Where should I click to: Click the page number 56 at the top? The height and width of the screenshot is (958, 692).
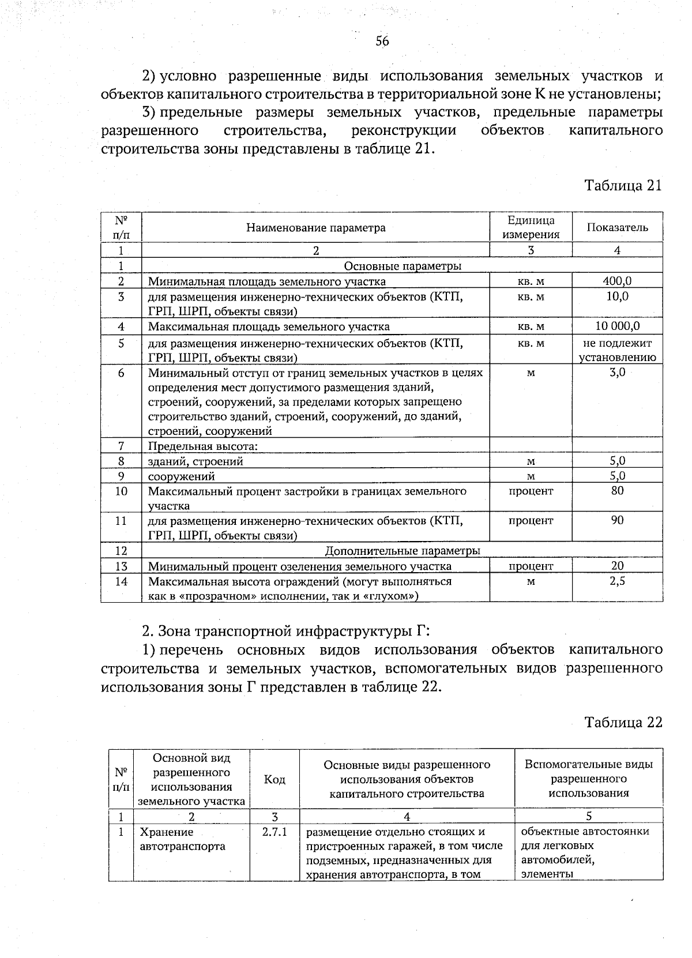[382, 41]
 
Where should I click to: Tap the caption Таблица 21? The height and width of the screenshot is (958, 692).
[623, 186]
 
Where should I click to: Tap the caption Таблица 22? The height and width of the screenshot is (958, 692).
[623, 723]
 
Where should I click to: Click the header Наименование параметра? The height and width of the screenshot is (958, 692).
[315, 228]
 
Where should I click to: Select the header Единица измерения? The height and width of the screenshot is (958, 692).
[531, 227]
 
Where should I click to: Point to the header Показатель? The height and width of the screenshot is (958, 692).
[617, 227]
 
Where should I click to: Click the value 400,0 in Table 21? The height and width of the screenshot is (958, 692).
[617, 281]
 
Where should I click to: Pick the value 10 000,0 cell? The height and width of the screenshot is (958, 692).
[617, 326]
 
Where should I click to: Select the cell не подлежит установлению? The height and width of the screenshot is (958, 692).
[617, 350]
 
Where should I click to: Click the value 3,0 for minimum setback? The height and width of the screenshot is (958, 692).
[617, 373]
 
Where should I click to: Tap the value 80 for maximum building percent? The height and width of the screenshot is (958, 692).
[617, 491]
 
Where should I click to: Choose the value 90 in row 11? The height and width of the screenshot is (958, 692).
[617, 520]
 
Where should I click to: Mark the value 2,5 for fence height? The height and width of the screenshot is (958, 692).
[617, 581]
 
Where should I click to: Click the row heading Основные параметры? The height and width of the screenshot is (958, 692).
[402, 266]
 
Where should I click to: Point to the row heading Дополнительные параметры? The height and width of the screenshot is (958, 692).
[402, 551]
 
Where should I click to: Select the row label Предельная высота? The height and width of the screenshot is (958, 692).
[202, 446]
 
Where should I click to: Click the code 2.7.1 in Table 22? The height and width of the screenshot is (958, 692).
[274, 832]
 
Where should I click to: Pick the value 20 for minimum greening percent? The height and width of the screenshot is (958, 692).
[617, 566]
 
